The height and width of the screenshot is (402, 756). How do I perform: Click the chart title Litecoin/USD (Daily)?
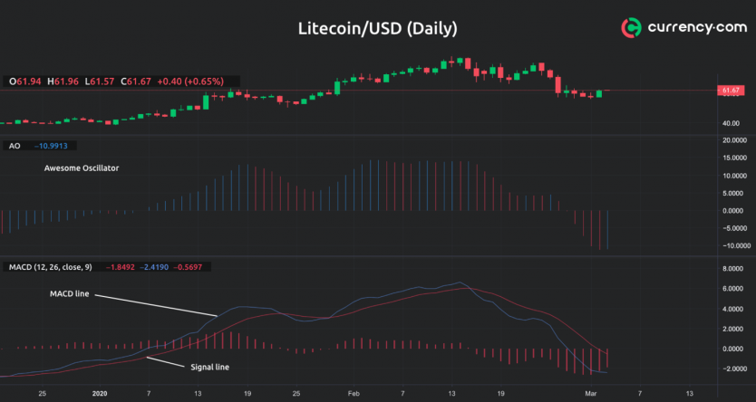coord(377,28)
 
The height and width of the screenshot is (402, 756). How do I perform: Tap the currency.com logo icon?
coord(632,28)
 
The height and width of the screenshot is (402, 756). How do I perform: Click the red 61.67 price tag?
coord(731,91)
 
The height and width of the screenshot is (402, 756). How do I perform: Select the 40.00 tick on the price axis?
coord(732,124)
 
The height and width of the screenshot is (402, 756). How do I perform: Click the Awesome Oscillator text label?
coord(82,168)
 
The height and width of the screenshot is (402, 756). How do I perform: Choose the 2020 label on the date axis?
coord(100,394)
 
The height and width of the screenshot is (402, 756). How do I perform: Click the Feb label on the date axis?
coord(353,394)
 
